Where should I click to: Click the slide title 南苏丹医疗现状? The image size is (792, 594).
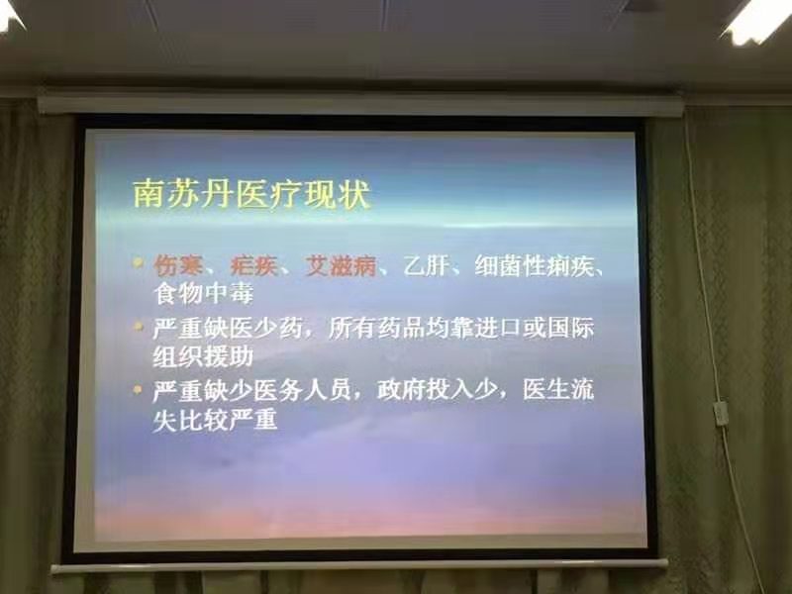click(x=251, y=193)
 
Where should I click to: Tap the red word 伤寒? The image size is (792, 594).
click(x=178, y=265)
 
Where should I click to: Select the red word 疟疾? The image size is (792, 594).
click(x=254, y=265)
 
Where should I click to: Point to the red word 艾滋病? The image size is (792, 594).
click(x=342, y=265)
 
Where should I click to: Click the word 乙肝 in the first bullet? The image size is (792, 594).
click(x=427, y=265)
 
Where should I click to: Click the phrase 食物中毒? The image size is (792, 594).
click(x=203, y=293)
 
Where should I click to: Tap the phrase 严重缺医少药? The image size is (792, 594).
click(x=228, y=330)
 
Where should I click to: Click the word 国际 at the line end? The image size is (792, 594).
click(x=570, y=329)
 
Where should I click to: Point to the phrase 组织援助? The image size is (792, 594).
click(x=203, y=356)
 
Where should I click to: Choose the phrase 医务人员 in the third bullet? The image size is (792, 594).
click(x=302, y=391)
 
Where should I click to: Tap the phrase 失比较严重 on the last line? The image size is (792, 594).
click(x=215, y=419)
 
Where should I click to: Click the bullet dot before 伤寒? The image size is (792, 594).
click(x=138, y=262)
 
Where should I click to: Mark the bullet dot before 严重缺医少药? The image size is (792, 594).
click(x=138, y=327)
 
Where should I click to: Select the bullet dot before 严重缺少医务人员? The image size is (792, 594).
click(x=138, y=389)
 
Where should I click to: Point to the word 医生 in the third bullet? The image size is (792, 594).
click(x=546, y=390)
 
